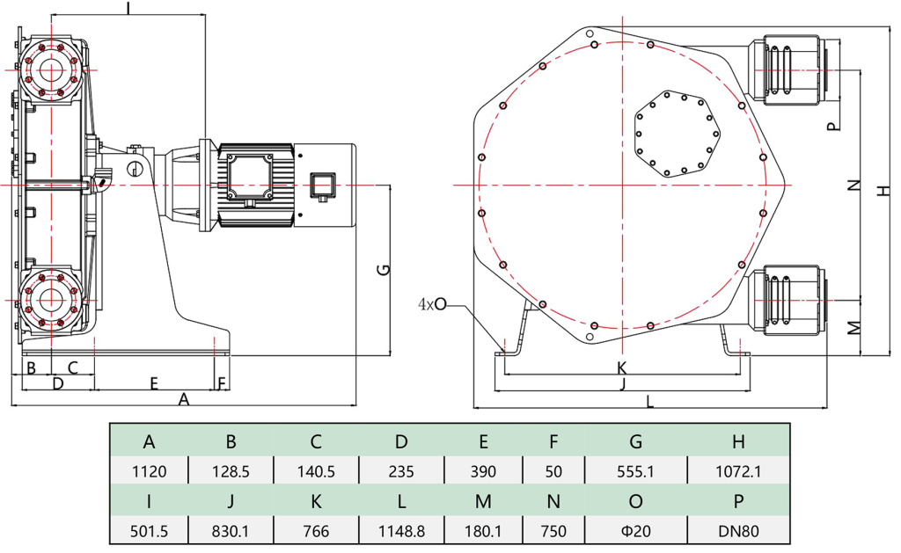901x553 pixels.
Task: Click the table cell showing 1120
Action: pos(149,471)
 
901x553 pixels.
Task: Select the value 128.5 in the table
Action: pos(232,471)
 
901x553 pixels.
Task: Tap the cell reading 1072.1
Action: pos(737,471)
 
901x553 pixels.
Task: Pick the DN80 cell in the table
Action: pos(737,532)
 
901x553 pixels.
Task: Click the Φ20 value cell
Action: pos(636,532)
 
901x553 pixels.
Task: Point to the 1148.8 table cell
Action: pos(401,532)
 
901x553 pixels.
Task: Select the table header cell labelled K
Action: pos(316,502)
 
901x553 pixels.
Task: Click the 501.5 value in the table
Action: pos(149,532)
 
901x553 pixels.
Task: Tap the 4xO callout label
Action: pos(433,304)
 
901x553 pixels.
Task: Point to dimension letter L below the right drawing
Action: pos(650,402)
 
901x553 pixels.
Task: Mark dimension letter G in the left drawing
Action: pos(383,269)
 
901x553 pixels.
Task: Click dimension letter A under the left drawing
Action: pos(184,399)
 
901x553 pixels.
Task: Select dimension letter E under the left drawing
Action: pos(153,383)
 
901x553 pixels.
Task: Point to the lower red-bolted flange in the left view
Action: pos(48,299)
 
